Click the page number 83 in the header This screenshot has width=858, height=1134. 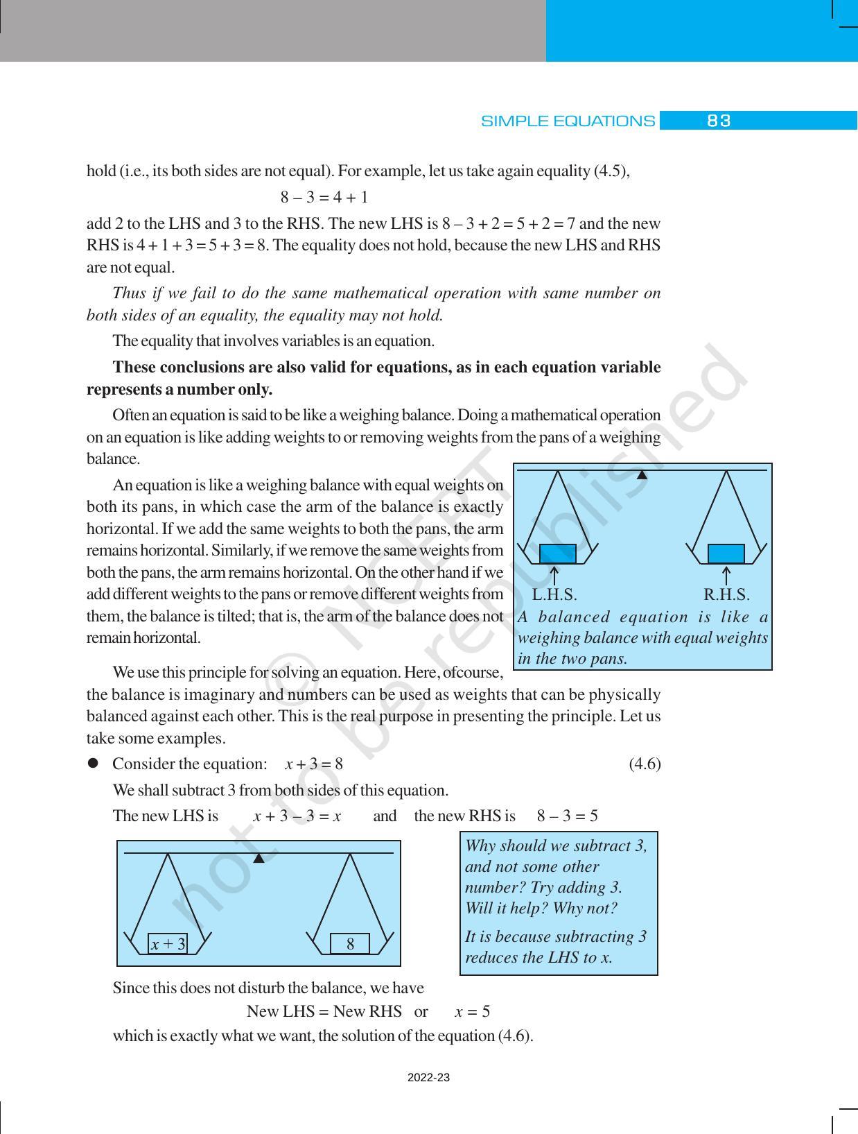tap(718, 121)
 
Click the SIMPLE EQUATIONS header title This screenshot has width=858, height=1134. tap(568, 121)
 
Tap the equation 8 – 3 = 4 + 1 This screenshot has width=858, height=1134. tap(324, 198)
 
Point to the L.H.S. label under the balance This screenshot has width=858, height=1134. tap(554, 595)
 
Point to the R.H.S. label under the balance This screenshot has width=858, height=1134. tap(726, 595)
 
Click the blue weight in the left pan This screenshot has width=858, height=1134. tap(558, 553)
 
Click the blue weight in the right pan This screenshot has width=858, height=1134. tap(726, 553)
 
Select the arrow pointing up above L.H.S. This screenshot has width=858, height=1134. tap(554, 576)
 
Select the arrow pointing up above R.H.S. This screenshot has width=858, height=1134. tap(726, 576)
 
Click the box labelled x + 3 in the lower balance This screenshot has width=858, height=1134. tap(168, 944)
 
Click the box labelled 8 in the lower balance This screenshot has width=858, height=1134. tap(350, 944)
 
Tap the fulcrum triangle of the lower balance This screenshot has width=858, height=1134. tap(259, 859)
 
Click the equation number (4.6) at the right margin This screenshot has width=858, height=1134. tap(645, 764)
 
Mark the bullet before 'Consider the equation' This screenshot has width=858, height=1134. tap(91, 764)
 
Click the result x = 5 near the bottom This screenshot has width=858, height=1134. tap(472, 1011)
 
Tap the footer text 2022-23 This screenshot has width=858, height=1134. tap(428, 1078)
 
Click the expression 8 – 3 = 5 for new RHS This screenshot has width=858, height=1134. tap(567, 816)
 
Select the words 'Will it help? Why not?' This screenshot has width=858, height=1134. tap(541, 909)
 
